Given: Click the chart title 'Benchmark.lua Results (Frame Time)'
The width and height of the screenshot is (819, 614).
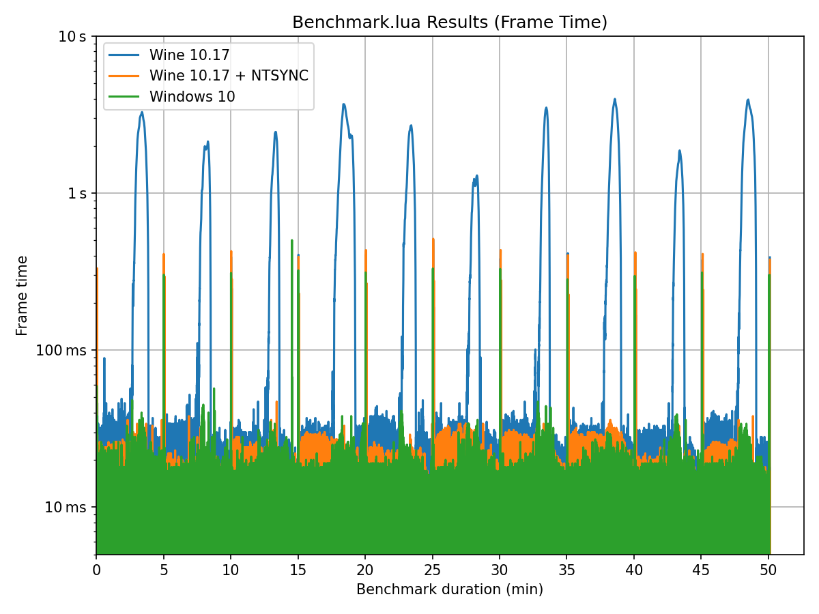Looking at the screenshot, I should click(450, 23).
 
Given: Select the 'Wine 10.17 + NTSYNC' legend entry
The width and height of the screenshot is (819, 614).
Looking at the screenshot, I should click(229, 76).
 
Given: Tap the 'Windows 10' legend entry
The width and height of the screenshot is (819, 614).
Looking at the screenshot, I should click(192, 97).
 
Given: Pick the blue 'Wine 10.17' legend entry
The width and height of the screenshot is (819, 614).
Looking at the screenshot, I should click(189, 55).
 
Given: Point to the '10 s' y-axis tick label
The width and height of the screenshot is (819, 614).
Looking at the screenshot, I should click(72, 36).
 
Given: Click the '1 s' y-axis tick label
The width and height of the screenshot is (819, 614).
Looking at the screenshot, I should click(76, 193).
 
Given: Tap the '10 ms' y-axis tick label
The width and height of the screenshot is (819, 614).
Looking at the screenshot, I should click(67, 507).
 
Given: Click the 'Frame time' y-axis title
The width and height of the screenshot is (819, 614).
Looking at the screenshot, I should click(23, 295).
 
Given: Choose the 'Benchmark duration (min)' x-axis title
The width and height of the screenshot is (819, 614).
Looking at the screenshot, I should click(450, 589).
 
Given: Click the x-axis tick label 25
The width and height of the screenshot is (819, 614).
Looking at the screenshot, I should click(432, 568).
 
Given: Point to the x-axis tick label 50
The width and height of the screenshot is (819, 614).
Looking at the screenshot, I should click(768, 568).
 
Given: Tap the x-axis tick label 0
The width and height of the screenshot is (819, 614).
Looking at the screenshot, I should click(96, 568).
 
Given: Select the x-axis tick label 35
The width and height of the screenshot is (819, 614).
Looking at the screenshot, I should click(566, 568).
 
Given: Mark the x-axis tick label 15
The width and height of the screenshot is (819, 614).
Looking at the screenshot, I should click(298, 568).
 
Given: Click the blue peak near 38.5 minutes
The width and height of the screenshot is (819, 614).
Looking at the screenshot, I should click(614, 100).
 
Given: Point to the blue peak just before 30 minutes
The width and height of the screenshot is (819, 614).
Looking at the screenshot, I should click(476, 176).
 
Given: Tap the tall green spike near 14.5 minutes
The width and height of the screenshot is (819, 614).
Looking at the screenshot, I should click(292, 240).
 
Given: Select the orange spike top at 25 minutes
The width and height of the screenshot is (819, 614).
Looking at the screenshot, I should click(433, 239).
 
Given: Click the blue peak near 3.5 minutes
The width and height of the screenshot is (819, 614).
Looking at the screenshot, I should click(142, 113).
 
